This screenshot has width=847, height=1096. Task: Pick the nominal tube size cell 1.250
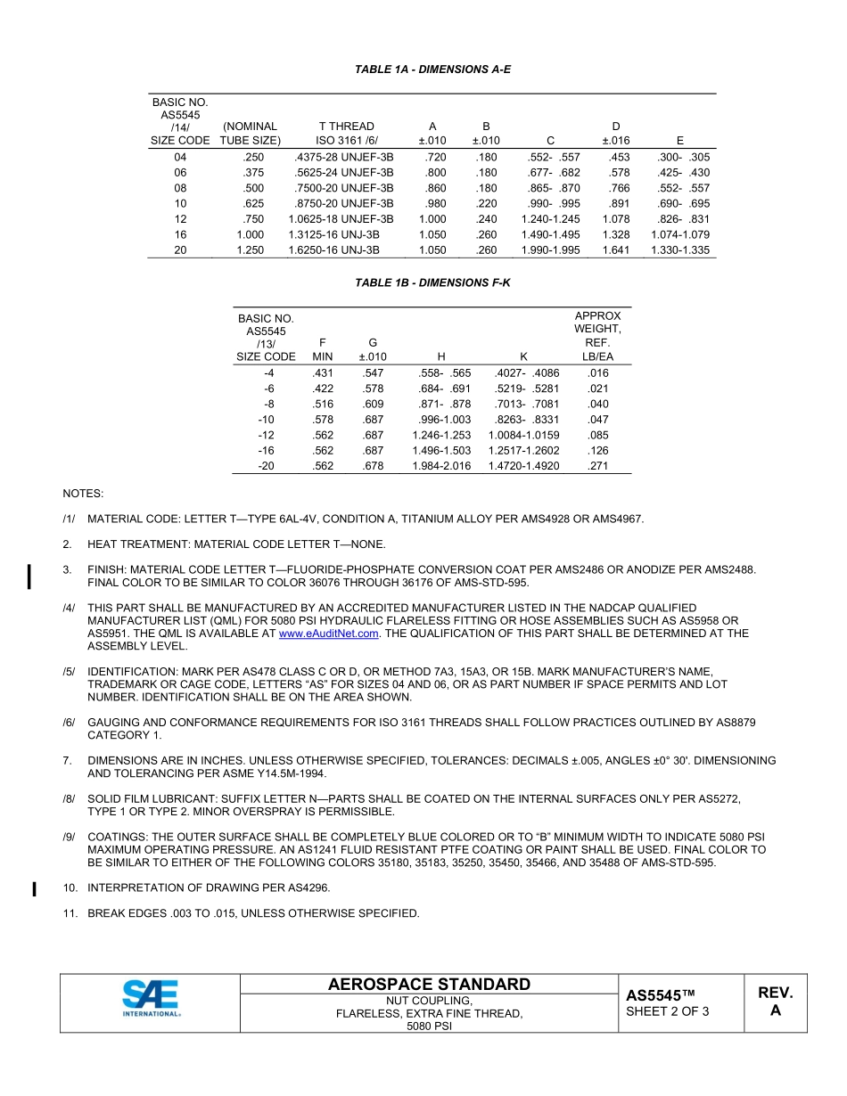(x=251, y=250)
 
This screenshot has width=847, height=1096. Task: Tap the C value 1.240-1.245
(x=550, y=219)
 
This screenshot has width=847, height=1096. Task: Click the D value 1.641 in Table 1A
(x=615, y=250)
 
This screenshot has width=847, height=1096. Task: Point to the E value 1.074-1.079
(x=680, y=235)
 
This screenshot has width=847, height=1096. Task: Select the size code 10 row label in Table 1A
(x=181, y=204)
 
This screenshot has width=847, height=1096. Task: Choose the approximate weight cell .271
(x=598, y=466)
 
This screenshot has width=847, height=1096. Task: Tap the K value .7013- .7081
(x=526, y=404)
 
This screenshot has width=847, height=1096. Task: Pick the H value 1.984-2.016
(x=441, y=466)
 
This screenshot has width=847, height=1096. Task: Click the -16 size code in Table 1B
(x=266, y=451)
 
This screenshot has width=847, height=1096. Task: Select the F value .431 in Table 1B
(x=322, y=372)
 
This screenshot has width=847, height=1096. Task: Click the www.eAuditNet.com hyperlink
(x=329, y=634)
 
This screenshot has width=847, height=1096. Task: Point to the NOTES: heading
(x=83, y=493)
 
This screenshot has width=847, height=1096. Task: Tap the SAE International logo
(x=151, y=998)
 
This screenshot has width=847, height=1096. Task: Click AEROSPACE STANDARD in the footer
(x=429, y=985)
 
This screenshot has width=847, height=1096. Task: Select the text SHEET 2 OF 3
(x=668, y=1011)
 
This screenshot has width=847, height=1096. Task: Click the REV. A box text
(x=775, y=1002)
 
